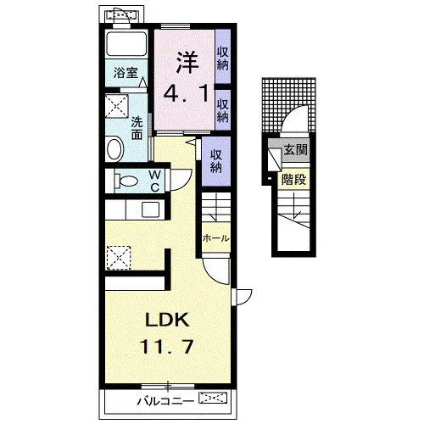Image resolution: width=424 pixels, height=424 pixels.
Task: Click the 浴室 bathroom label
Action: click(126, 73)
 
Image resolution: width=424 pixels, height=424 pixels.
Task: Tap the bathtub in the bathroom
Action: click(126, 44)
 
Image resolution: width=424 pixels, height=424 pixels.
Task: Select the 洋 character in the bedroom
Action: click(187, 62)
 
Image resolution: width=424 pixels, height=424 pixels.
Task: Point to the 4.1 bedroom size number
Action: click(187, 94)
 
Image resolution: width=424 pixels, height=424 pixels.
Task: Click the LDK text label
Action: click(167, 320)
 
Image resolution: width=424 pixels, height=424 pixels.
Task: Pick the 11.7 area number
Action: click(167, 347)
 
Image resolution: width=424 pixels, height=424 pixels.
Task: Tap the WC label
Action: click(155, 181)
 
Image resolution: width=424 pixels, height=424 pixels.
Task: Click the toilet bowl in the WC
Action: click(126, 181)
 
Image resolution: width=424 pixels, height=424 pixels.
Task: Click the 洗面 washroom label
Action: click(137, 129)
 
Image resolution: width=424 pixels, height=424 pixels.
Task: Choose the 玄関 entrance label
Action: click(295, 149)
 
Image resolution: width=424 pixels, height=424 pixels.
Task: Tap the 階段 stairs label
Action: click(293, 179)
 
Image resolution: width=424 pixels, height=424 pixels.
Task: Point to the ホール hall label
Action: click(215, 238)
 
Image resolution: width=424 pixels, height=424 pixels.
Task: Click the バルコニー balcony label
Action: click(165, 401)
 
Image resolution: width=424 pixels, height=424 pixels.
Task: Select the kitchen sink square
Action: click(150, 209)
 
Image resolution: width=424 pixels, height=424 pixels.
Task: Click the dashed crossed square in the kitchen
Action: click(119, 258)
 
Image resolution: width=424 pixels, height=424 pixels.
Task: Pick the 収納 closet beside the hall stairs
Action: click(216, 161)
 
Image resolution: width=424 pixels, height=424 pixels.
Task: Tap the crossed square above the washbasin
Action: click(117, 106)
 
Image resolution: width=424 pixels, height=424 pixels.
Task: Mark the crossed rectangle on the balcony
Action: click(213, 398)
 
